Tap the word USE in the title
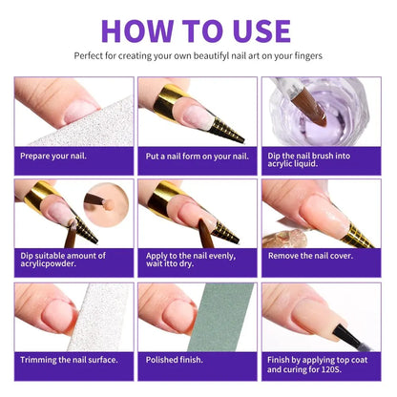(259, 29)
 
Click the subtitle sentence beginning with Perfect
(198, 55)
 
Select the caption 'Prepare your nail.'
(56, 156)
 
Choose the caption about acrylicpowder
(63, 261)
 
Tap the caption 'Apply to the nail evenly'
(195, 261)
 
